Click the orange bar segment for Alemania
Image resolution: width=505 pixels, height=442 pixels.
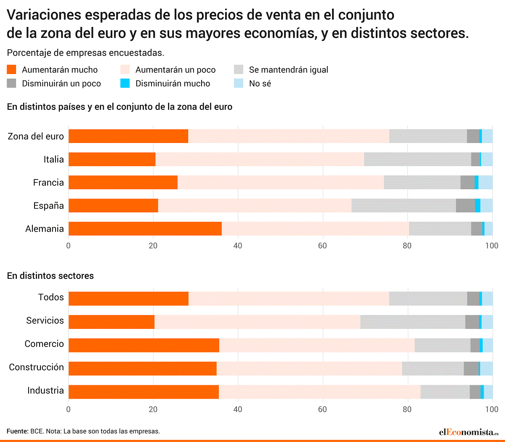(x=145, y=229)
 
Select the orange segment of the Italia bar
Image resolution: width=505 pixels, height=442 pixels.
(x=112, y=159)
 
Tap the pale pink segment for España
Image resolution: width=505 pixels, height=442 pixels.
(x=255, y=206)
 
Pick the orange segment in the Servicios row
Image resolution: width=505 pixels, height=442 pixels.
(x=112, y=322)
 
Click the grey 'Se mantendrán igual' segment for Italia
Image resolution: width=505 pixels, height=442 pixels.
(x=417, y=159)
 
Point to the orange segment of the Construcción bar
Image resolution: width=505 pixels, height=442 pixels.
(x=142, y=368)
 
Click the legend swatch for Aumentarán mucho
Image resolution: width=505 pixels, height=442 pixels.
(x=12, y=69)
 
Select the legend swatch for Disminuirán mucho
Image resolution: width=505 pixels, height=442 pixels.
(x=125, y=83)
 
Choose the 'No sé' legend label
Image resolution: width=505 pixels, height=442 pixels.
(x=260, y=83)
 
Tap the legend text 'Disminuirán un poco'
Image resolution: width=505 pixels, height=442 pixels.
(x=61, y=83)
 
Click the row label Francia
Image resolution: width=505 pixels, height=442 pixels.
(x=48, y=183)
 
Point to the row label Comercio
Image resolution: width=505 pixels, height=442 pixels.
(x=44, y=344)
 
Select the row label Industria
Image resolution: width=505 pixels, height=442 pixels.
(x=45, y=390)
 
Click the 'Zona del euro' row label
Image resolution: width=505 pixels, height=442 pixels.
(x=36, y=136)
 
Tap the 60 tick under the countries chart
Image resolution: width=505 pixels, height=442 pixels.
(x=322, y=246)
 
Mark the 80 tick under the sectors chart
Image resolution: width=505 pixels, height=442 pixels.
(x=407, y=409)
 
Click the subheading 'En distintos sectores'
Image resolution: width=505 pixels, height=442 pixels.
(x=50, y=276)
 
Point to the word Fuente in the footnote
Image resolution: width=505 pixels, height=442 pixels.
(x=17, y=431)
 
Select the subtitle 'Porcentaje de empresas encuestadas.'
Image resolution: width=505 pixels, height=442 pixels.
(x=85, y=53)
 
